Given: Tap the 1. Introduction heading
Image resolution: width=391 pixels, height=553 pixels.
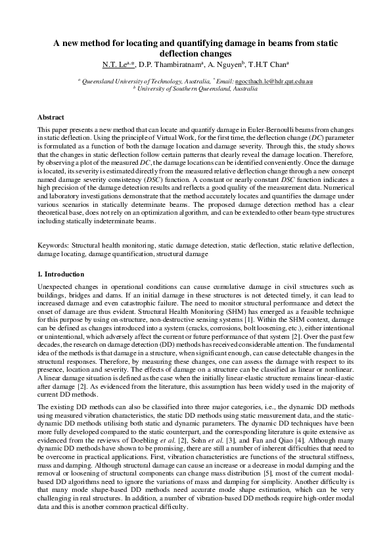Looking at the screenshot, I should click(x=60, y=274).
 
